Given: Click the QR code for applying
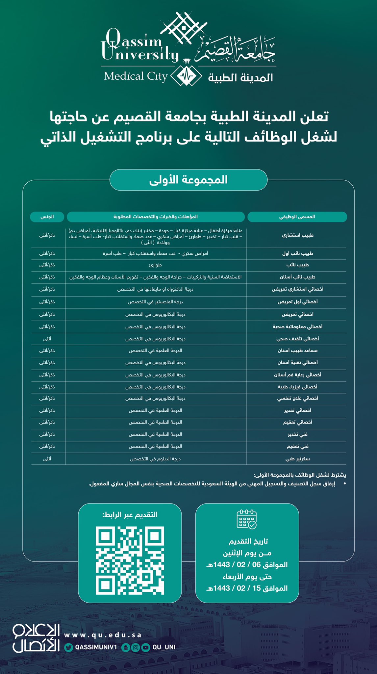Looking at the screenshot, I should click(x=130, y=560).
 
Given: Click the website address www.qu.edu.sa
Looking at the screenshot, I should click(x=103, y=635).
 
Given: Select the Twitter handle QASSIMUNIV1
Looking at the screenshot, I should click(x=96, y=647).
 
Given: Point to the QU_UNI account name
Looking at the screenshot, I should click(x=164, y=647).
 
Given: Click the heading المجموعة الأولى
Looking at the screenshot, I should click(x=188, y=180).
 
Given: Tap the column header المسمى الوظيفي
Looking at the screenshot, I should click(x=297, y=217).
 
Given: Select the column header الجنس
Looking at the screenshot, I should click(x=47, y=217).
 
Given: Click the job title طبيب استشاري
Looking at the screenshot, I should click(x=297, y=235).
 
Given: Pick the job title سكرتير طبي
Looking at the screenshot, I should click(x=297, y=458).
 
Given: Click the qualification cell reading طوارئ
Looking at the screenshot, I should click(x=155, y=265).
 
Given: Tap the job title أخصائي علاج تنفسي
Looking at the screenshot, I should click(x=297, y=398).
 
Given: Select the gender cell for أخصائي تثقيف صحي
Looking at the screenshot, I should click(x=47, y=339).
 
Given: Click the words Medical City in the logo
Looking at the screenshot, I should click(x=136, y=76).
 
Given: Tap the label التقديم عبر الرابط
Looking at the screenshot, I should click(x=130, y=514).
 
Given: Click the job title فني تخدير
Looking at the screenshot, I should click(x=297, y=434).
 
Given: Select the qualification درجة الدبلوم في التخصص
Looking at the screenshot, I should click(x=155, y=458).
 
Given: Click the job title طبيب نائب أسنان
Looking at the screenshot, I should click(x=297, y=277).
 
